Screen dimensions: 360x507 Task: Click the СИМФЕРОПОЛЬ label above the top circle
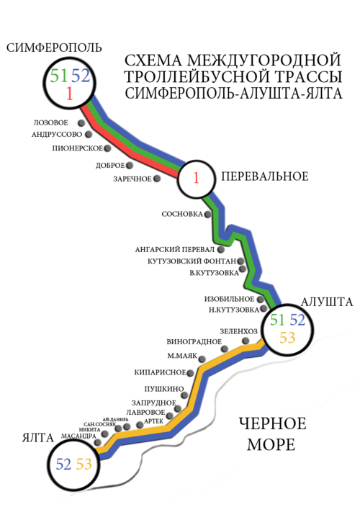pyautogui.click(x=54, y=48)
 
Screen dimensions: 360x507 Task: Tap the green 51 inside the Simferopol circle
pyautogui.click(x=59, y=76)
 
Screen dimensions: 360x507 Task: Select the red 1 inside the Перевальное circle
pyautogui.click(x=196, y=178)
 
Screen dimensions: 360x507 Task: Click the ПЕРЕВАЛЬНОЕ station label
pyautogui.click(x=265, y=176)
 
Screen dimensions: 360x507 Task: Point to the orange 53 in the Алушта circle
pyautogui.click(x=287, y=338)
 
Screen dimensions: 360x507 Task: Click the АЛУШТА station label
pyautogui.click(x=327, y=302)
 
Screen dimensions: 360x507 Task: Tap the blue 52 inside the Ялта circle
pyautogui.click(x=63, y=465)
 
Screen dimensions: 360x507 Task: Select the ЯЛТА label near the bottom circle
pyautogui.click(x=38, y=438)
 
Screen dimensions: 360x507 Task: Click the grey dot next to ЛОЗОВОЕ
pyautogui.click(x=81, y=123)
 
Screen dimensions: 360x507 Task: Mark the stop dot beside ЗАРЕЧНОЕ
pyautogui.click(x=157, y=178)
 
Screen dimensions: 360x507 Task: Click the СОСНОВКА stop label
pyautogui.click(x=182, y=214)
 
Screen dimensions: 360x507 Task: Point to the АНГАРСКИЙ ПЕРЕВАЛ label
pyautogui.click(x=175, y=250)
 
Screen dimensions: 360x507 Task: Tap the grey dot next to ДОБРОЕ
pyautogui.click(x=130, y=165)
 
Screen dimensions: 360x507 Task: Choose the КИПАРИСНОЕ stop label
pyautogui.click(x=160, y=372)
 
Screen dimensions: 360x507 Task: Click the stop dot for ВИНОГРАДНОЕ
pyautogui.click(x=225, y=349)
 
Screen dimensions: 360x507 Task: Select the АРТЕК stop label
pyautogui.click(x=153, y=421)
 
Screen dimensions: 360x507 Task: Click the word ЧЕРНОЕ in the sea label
pyautogui.click(x=272, y=424)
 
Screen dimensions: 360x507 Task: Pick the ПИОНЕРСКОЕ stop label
pyautogui.click(x=78, y=148)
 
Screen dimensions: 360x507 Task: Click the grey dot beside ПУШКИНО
pyautogui.click(x=184, y=395)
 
